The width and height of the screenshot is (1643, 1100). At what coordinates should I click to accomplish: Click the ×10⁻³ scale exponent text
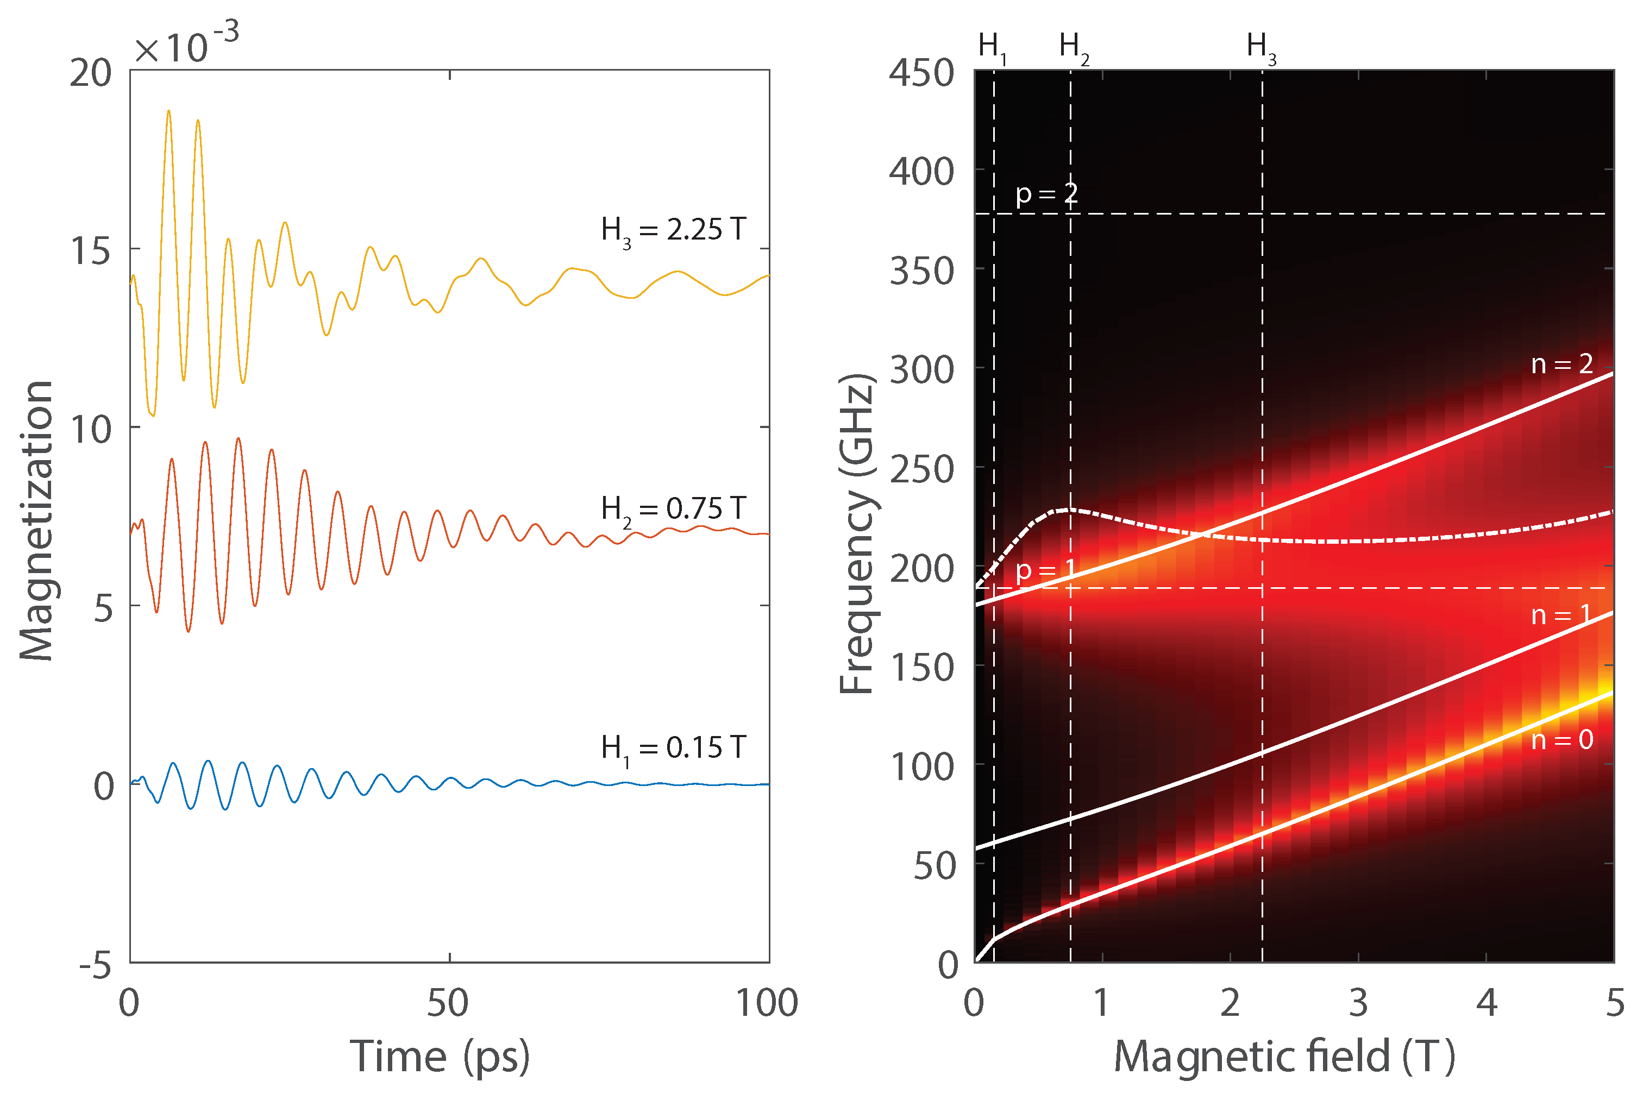pyautogui.click(x=186, y=46)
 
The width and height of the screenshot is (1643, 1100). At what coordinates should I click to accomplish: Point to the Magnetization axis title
pyautogui.click(x=36, y=520)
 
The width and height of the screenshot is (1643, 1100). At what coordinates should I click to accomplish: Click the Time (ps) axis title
pyautogui.click(x=440, y=1057)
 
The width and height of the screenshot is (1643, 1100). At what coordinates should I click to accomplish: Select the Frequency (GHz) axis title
pyautogui.click(x=857, y=533)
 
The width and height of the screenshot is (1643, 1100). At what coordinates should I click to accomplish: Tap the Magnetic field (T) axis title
pyautogui.click(x=1284, y=1057)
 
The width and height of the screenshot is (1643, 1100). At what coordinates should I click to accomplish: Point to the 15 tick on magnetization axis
pyautogui.click(x=91, y=251)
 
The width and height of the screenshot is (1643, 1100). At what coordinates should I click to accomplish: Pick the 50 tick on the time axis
pyautogui.click(x=448, y=1003)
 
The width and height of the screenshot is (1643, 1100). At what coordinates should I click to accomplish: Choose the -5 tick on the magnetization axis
pyautogui.click(x=96, y=966)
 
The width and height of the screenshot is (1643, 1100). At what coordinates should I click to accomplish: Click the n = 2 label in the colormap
pyautogui.click(x=1562, y=363)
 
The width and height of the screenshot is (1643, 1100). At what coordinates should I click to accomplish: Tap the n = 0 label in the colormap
pyautogui.click(x=1562, y=739)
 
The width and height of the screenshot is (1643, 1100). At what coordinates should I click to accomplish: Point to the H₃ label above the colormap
pyautogui.click(x=1261, y=47)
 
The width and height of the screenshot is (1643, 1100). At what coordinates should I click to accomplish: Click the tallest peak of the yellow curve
pyautogui.click(x=168, y=111)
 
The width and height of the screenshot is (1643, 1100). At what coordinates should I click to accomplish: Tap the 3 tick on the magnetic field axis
pyautogui.click(x=1358, y=1003)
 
